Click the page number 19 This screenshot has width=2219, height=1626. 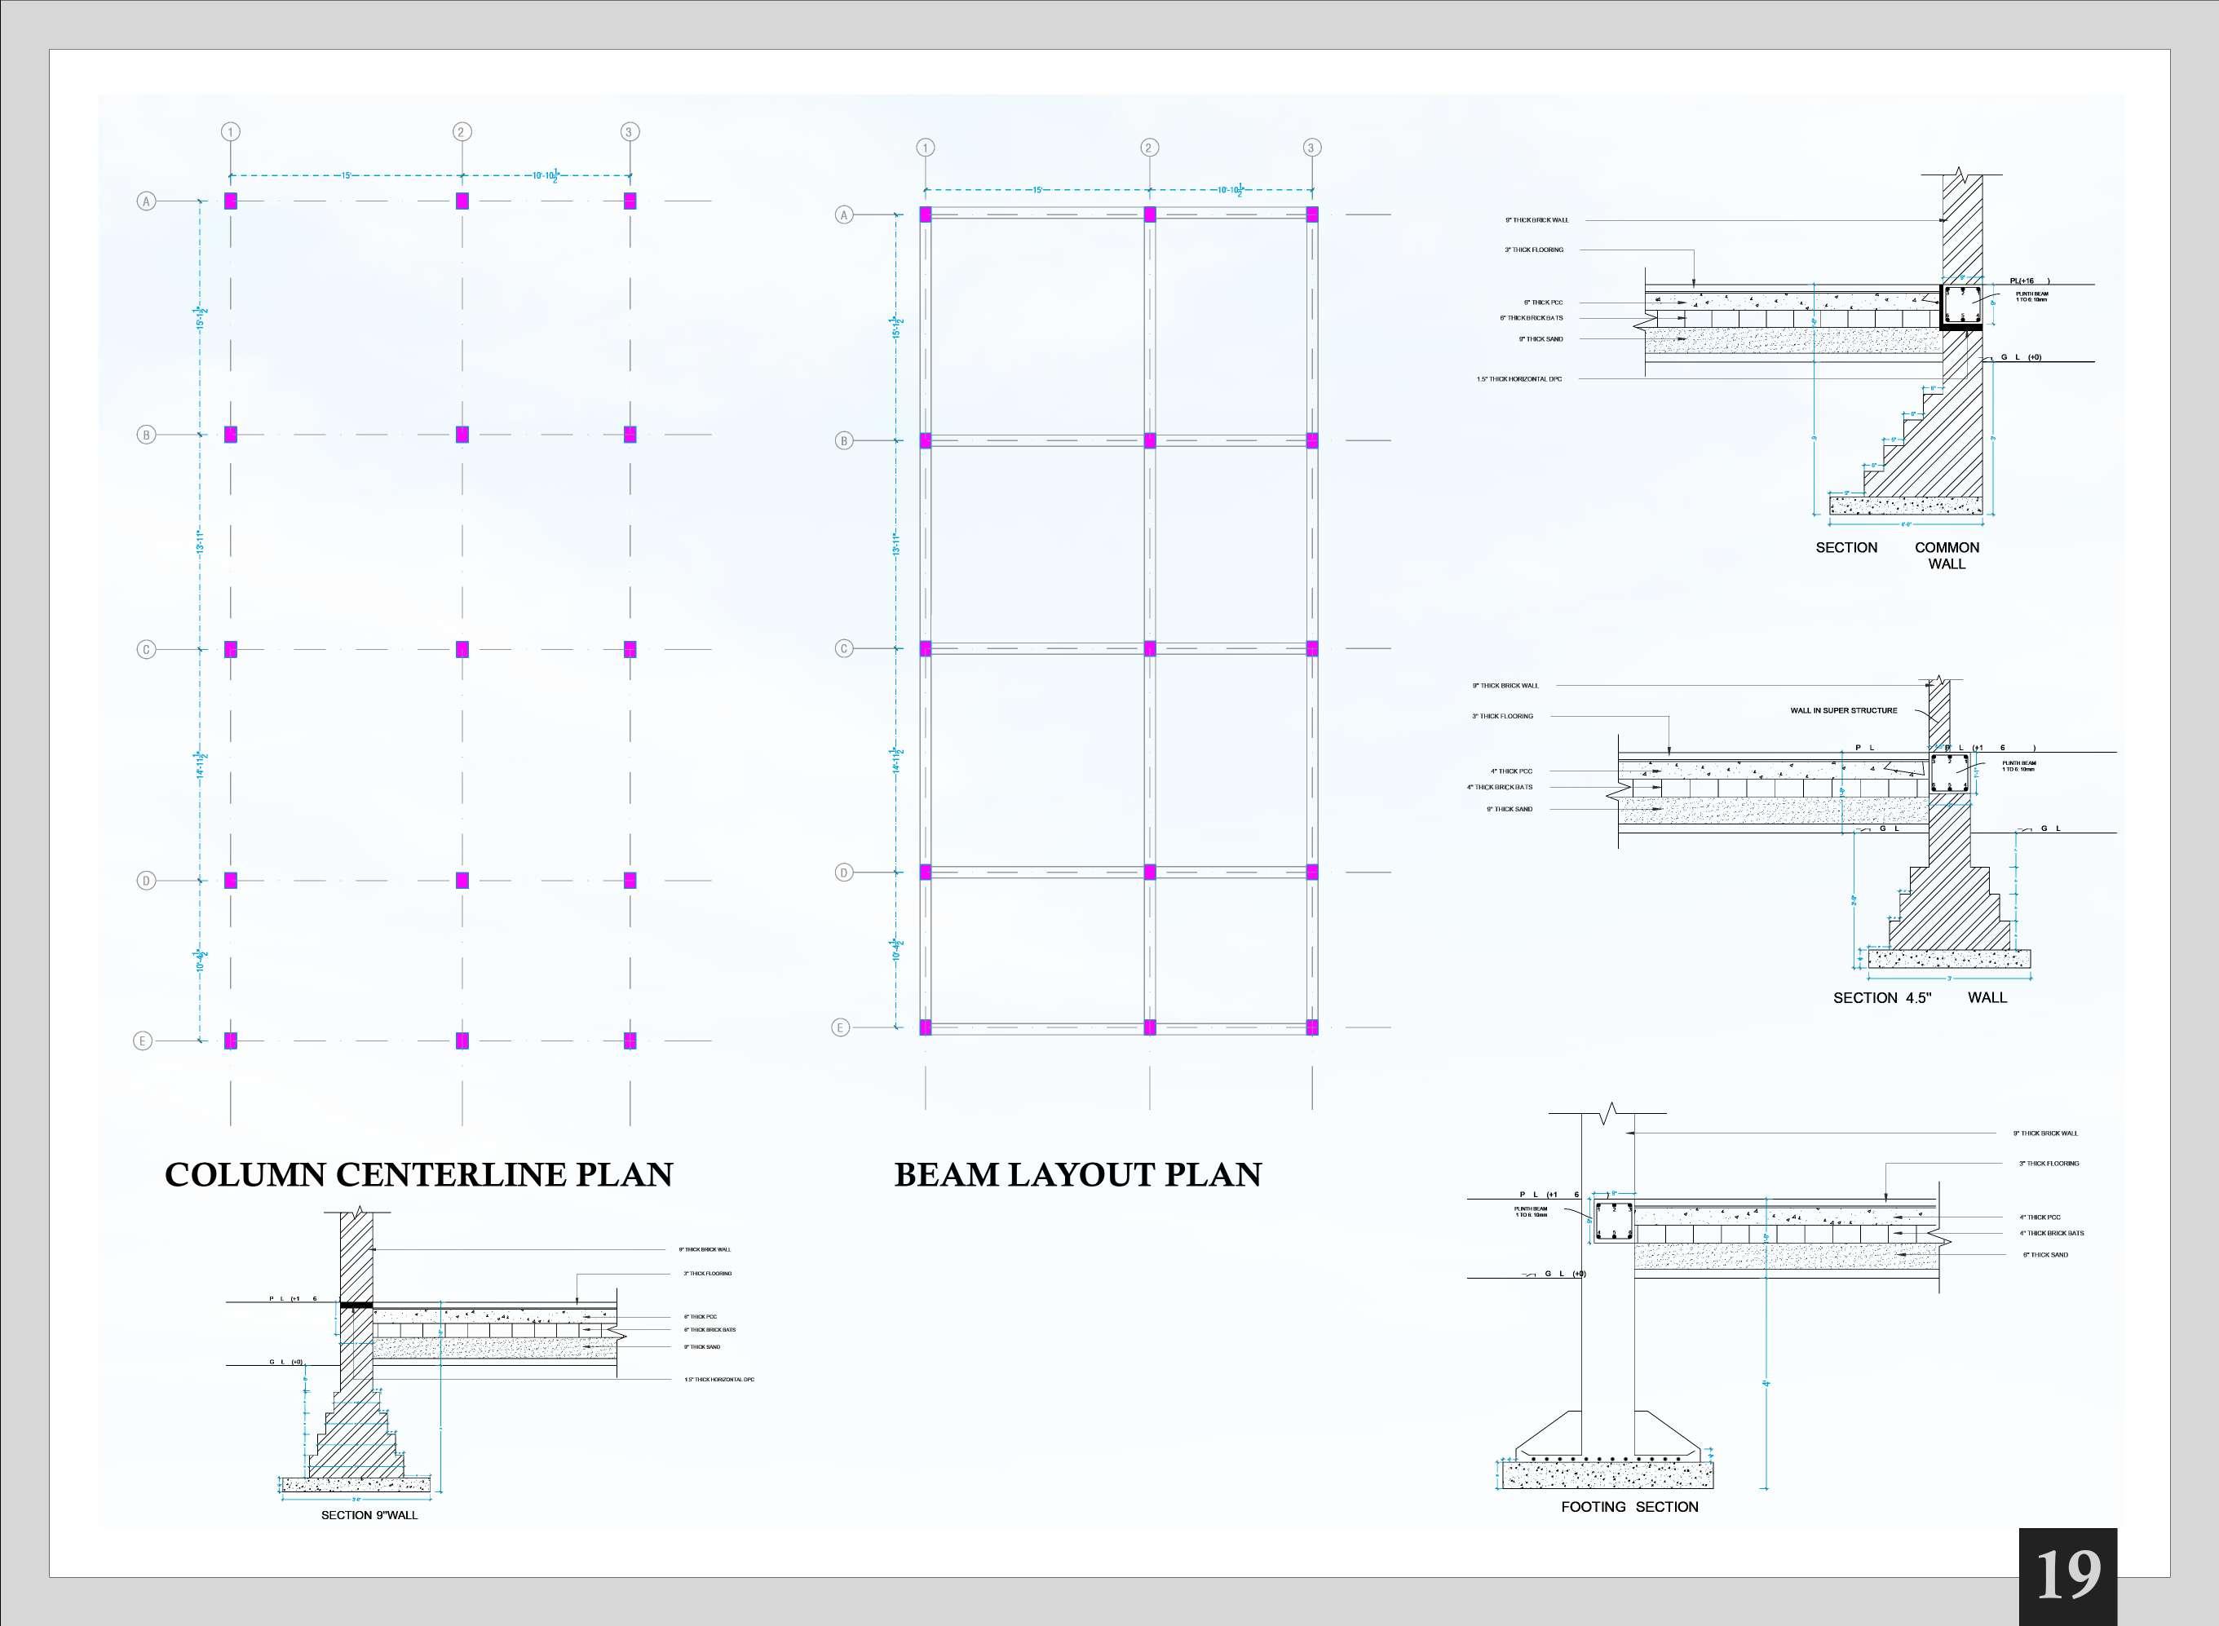coord(2067,1575)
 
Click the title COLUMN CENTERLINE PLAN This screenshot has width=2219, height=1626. coord(418,1174)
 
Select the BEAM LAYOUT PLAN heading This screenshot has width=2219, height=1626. coord(1077,1174)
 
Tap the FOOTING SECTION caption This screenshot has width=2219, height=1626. coord(1629,1507)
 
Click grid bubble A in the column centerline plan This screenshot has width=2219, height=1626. coord(146,201)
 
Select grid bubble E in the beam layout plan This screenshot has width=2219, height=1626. coord(840,1027)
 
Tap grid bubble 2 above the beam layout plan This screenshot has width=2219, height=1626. coord(1149,148)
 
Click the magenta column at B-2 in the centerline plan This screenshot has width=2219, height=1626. coord(462,434)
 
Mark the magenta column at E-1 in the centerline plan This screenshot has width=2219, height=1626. coord(230,1041)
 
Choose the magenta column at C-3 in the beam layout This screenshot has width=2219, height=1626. coord(1311,647)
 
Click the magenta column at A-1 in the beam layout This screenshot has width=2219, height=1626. coord(926,214)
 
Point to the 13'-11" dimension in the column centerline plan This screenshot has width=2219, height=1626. coord(201,542)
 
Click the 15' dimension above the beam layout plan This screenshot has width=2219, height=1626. coord(1037,190)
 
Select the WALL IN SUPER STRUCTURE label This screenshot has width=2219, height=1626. coord(1843,709)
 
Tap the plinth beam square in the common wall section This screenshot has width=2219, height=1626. coord(1960,306)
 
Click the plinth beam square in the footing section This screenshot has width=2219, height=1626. coord(1614,1222)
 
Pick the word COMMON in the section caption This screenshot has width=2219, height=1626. coord(1947,547)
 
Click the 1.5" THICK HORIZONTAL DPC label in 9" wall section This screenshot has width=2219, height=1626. coord(719,1380)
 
